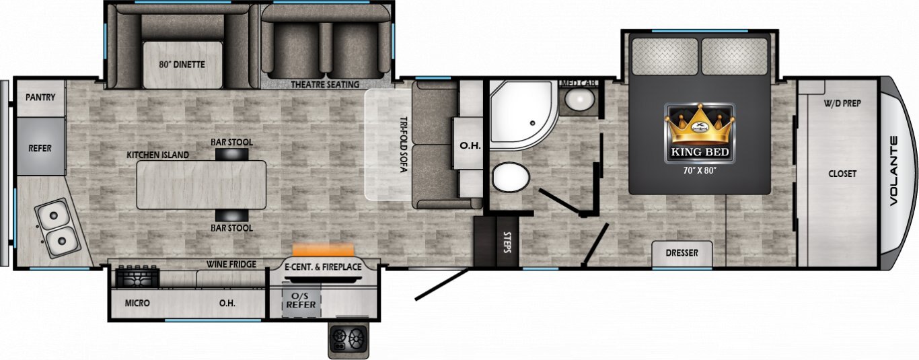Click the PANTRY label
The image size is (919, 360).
[40, 98]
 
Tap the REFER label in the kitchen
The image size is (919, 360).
[40, 148]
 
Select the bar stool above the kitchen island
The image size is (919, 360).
[232, 154]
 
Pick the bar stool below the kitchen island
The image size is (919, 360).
[232, 215]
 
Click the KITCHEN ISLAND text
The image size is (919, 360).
[158, 155]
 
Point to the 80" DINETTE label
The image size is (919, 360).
[182, 65]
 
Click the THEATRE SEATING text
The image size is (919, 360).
[325, 85]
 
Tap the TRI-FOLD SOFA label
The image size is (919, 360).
[404, 145]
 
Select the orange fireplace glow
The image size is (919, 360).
[323, 250]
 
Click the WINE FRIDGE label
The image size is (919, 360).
[231, 264]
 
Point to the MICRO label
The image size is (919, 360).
[137, 303]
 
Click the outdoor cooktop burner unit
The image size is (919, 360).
[348, 339]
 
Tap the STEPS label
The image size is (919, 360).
[507, 242]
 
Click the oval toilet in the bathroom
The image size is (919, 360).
[511, 178]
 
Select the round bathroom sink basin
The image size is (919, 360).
[580, 99]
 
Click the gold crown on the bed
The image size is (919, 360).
[700, 124]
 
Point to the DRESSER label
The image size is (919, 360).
[682, 253]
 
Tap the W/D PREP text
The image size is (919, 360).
[842, 103]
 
